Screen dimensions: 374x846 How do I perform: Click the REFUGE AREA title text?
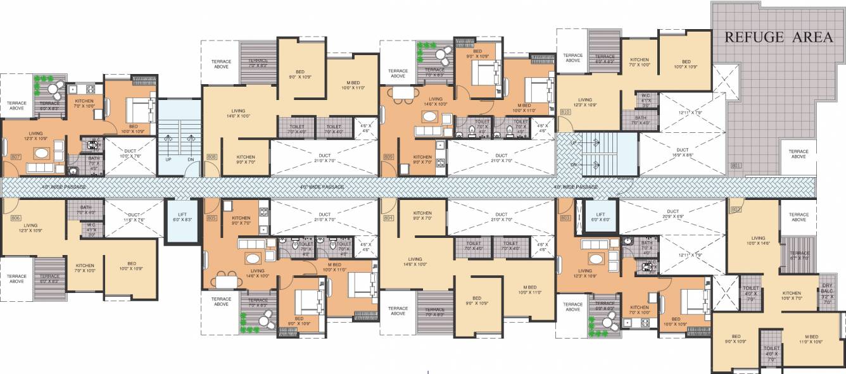[x=778, y=37]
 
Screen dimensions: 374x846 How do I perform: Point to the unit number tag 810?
[x=565, y=112]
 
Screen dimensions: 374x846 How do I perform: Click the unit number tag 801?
[x=735, y=165]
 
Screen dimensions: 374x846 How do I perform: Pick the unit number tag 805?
[x=211, y=218]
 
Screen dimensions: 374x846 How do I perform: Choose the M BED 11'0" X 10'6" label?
[x=811, y=339]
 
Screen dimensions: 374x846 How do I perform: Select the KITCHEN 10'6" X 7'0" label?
[x=791, y=296]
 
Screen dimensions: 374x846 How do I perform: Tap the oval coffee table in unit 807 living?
[x=42, y=153]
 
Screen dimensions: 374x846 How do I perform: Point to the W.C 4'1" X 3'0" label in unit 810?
[x=645, y=99]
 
